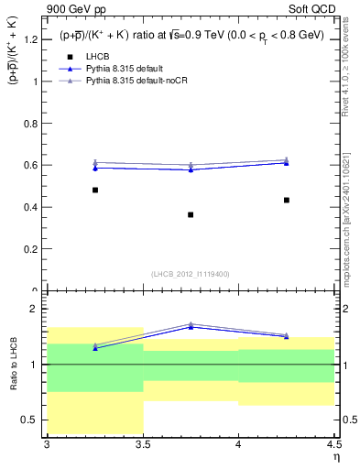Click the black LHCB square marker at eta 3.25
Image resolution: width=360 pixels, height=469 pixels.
(x=94, y=190)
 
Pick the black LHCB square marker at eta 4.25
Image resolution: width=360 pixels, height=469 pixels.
(x=287, y=200)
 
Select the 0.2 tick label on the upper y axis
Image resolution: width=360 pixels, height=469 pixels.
(x=31, y=248)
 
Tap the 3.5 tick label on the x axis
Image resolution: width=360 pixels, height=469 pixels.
(x=142, y=446)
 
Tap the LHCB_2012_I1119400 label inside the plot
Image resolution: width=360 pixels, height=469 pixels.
(x=191, y=274)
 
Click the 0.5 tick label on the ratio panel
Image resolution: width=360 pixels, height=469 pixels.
(x=31, y=420)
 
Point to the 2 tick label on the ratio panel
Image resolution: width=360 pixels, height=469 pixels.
(x=36, y=309)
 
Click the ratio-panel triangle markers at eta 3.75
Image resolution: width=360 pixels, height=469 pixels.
(x=191, y=325)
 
